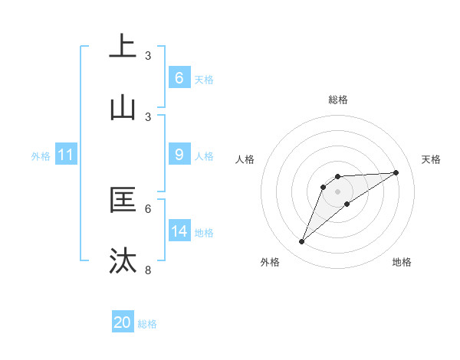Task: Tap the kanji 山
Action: [123, 108]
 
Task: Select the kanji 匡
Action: [123, 200]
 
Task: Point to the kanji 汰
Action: [123, 261]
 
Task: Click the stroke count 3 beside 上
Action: [148, 56]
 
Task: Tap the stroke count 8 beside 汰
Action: [148, 270]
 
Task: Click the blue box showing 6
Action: [179, 77]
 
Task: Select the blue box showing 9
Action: [179, 155]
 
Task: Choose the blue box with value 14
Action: [179, 231]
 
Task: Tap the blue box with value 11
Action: [66, 155]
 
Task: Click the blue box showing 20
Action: [123, 322]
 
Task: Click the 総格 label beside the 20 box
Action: [147, 324]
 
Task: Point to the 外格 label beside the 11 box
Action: [41, 155]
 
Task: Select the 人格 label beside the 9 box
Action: [204, 155]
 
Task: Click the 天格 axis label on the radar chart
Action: [432, 159]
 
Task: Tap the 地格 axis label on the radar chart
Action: [402, 262]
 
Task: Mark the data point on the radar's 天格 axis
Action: [396, 172]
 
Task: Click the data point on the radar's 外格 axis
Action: [302, 242]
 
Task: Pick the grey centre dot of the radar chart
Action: [338, 191]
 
